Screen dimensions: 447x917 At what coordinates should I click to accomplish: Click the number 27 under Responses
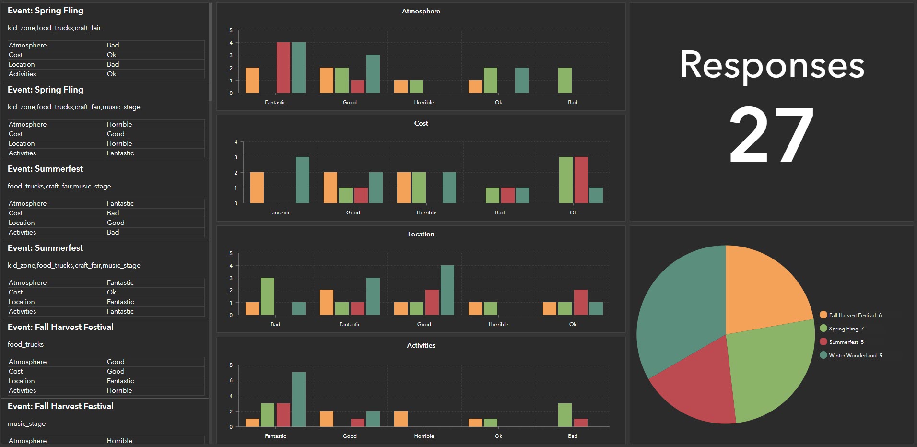click(771, 135)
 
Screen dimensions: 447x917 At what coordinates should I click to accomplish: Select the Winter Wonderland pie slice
click(681, 307)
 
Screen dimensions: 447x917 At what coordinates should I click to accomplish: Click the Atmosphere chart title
click(421, 11)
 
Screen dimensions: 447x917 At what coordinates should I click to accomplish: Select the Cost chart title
click(421, 123)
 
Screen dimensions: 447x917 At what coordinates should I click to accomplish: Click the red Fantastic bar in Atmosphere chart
click(283, 68)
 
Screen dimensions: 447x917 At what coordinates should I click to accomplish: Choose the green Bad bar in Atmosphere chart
click(565, 80)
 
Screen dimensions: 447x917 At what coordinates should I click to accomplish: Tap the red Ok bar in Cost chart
click(581, 180)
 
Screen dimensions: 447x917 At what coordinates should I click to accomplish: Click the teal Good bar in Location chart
click(447, 290)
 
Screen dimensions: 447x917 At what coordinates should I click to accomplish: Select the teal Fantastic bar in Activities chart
click(298, 400)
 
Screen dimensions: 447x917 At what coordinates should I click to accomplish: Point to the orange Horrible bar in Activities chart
click(401, 419)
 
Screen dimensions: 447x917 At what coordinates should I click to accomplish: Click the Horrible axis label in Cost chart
click(426, 212)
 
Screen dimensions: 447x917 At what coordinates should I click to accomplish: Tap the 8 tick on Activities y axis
click(231, 365)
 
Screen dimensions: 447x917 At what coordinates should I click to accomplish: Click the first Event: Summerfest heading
click(45, 169)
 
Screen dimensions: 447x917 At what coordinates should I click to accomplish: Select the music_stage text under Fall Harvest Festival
click(26, 423)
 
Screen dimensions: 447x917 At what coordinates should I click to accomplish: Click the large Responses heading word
click(771, 66)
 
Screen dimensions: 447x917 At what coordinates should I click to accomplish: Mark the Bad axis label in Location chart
click(275, 324)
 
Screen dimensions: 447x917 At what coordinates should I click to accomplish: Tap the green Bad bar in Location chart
click(268, 296)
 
